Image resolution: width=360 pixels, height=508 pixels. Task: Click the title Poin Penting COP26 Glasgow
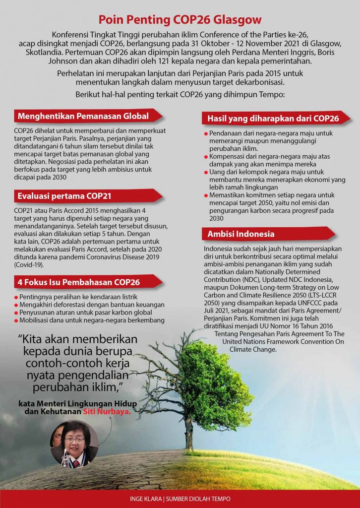point(180,20)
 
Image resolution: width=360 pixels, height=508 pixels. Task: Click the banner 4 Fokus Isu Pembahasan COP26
point(79,282)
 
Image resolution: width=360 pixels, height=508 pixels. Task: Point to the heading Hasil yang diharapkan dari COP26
point(273,119)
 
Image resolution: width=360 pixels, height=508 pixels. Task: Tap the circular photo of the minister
point(74,443)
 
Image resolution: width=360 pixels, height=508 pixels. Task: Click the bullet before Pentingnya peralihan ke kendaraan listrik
point(16,297)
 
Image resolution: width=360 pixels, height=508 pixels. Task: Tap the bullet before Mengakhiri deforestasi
point(16,305)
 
